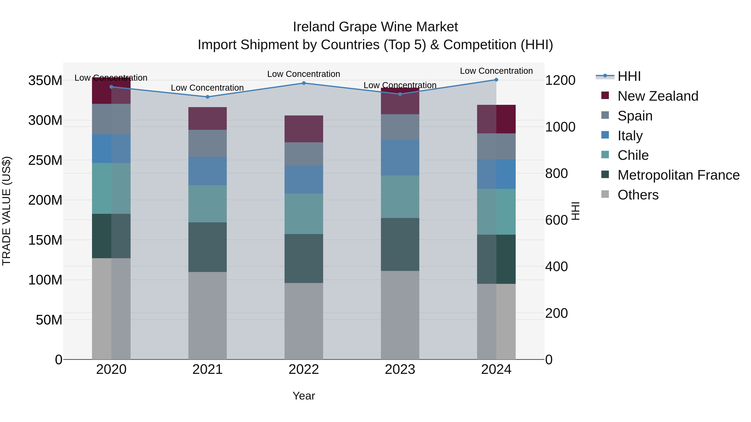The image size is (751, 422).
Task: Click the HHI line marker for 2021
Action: coord(208,97)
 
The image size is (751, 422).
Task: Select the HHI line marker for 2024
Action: coord(496,80)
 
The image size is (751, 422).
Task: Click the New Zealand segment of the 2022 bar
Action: coord(304,129)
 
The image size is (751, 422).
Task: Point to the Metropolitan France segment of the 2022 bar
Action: coord(304,258)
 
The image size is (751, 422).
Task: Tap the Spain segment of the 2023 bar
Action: coord(400,127)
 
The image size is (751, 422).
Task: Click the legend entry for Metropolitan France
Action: coord(678,175)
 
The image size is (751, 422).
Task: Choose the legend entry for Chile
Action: coord(633,155)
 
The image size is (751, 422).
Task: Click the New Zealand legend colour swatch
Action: coord(605,95)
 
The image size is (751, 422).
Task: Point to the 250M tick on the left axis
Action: coord(45,160)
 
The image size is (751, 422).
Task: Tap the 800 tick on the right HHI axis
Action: coord(556,173)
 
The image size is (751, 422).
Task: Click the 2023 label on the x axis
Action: coord(400,369)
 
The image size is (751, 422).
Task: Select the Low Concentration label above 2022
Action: coord(304,74)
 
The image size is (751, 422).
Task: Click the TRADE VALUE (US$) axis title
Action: coord(6,211)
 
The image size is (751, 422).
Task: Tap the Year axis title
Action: coord(304,396)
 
